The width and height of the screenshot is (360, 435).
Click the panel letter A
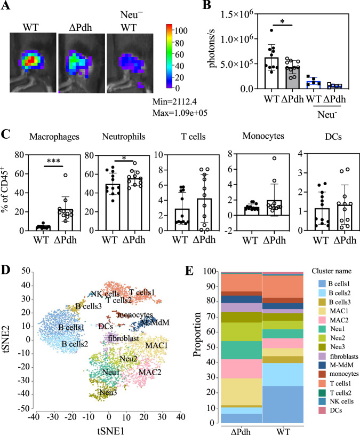click(5, 5)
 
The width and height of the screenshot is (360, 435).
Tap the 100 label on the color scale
click(181, 30)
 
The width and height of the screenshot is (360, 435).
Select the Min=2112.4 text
click(174, 101)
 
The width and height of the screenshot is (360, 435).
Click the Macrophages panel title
click(54, 137)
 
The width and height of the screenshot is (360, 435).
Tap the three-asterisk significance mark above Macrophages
click(54, 161)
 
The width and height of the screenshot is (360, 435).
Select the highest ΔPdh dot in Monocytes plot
click(274, 158)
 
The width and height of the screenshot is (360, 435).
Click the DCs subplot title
click(333, 137)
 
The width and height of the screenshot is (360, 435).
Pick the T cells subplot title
click(194, 137)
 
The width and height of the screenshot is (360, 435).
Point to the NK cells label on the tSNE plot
click(105, 294)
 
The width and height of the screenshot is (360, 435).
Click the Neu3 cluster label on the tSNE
click(108, 392)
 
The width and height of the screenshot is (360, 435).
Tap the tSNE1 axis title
click(110, 431)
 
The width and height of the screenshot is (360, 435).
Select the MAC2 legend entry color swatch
click(322, 320)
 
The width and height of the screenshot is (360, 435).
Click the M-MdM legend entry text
click(341, 365)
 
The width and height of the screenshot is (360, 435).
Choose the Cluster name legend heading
click(331, 271)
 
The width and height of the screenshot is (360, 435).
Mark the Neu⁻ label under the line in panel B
click(327, 114)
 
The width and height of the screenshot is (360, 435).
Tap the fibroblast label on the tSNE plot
click(124, 338)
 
